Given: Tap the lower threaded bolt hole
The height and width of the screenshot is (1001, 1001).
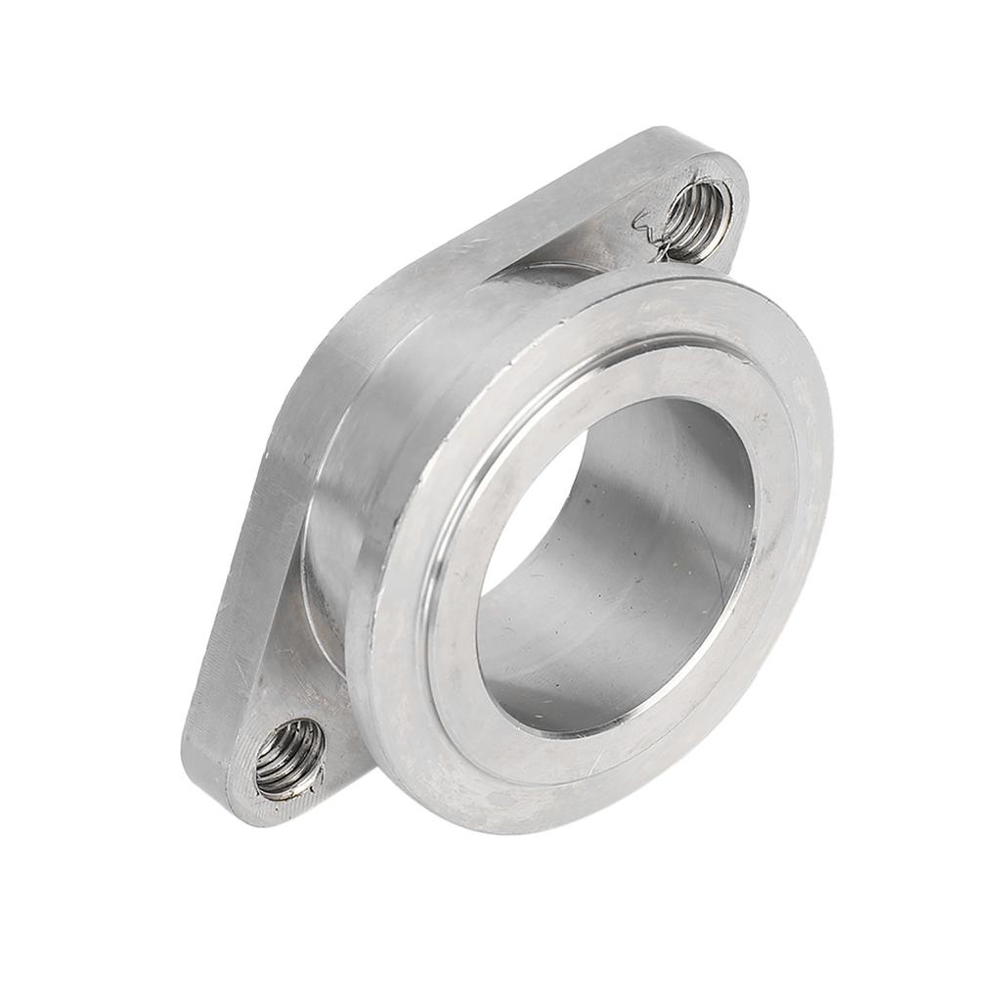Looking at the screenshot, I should coord(289,758).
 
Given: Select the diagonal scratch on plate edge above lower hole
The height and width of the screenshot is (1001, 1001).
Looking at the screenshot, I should coord(239,675).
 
